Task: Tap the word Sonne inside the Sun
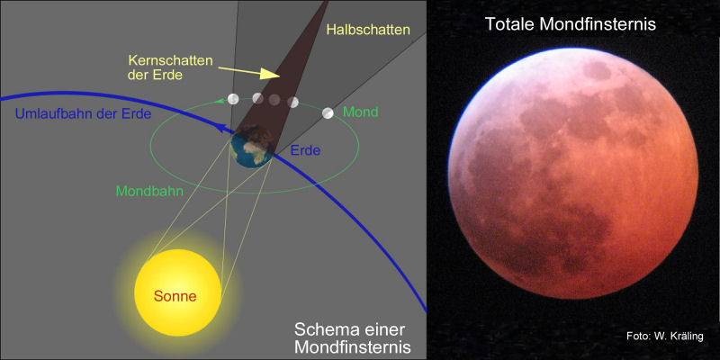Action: point(175,295)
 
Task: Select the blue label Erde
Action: point(305,149)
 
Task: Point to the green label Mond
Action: point(361,112)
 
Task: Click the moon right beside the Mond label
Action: point(328,112)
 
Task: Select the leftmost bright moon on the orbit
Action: point(233,99)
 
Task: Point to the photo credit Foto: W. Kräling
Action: point(665,337)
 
